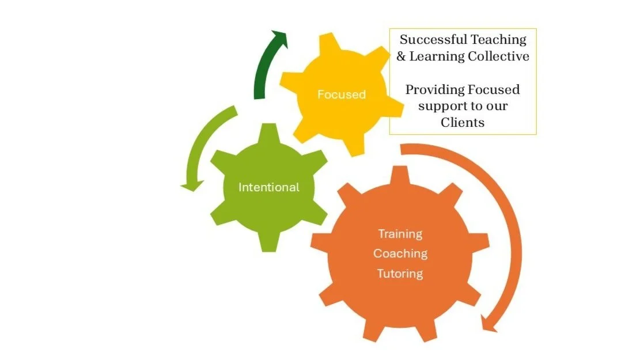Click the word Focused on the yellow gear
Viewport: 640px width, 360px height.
pos(342,94)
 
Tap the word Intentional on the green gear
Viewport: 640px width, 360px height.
pos(269,187)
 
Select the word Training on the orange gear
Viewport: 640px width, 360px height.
pos(400,234)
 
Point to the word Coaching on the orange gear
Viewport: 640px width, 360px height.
pos(400,253)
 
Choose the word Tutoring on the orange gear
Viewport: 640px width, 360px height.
pos(400,273)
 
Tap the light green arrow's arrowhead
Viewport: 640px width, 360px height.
pos(192,185)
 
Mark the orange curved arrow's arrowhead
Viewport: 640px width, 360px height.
pos(489,324)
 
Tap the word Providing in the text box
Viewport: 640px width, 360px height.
pos(430,90)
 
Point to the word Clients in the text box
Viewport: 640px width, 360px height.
pos(463,122)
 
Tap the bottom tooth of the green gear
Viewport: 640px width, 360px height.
pos(270,242)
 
